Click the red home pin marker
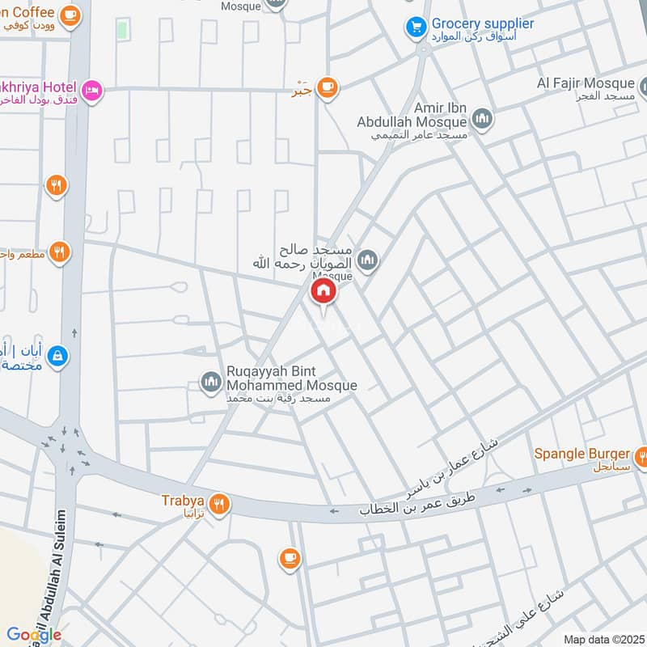(323, 292)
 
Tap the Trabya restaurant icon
(219, 505)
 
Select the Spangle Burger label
(581, 454)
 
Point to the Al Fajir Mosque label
(586, 84)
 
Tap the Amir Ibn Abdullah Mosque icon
(483, 121)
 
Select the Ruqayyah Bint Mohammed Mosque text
(291, 386)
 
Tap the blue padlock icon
(57, 355)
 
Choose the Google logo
(34, 635)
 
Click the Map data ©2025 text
(603, 640)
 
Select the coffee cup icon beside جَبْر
(328, 87)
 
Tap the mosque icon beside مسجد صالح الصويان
(369, 260)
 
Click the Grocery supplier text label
(482, 23)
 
